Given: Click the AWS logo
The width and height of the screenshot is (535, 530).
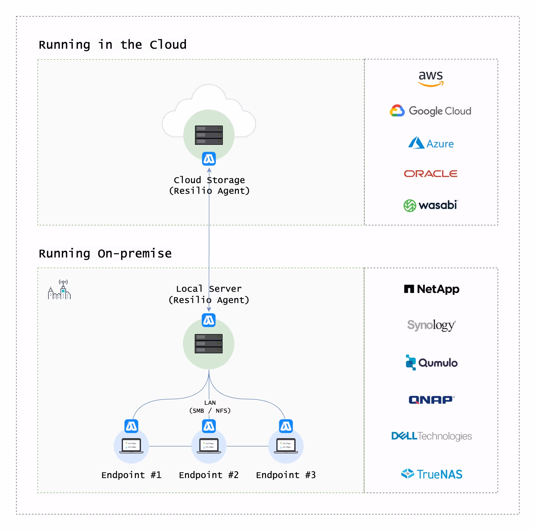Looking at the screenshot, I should pyautogui.click(x=431, y=79).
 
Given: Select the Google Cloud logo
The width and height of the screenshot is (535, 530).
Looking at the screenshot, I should pyautogui.click(x=430, y=111).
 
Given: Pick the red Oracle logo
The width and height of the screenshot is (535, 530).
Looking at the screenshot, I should pyautogui.click(x=431, y=174).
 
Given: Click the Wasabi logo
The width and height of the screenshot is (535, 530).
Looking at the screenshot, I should pyautogui.click(x=431, y=205).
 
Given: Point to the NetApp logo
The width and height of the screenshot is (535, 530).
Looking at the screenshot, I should pyautogui.click(x=431, y=289).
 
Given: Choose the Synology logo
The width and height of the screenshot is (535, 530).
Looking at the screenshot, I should pyautogui.click(x=431, y=325).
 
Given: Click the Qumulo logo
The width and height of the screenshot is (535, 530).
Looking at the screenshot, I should pyautogui.click(x=431, y=362).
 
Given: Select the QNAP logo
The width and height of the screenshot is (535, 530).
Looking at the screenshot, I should pyautogui.click(x=431, y=400).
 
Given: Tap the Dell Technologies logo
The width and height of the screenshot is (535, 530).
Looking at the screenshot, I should pyautogui.click(x=431, y=436).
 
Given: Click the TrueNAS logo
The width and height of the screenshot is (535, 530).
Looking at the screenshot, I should pyautogui.click(x=431, y=474).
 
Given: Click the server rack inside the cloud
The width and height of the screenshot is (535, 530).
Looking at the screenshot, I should pyautogui.click(x=209, y=135).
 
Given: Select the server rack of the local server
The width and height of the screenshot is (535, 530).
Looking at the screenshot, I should pyautogui.click(x=209, y=343).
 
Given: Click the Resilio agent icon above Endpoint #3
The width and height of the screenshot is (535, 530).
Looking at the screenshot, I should pyautogui.click(x=286, y=426).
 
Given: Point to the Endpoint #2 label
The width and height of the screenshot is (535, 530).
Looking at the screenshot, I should pyautogui.click(x=209, y=475).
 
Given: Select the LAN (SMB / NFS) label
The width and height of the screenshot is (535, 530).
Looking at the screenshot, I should pyautogui.click(x=210, y=406).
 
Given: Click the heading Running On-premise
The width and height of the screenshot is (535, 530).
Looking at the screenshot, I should pyautogui.click(x=105, y=253).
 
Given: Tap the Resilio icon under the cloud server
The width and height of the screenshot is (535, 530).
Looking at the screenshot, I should pyautogui.click(x=209, y=159).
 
